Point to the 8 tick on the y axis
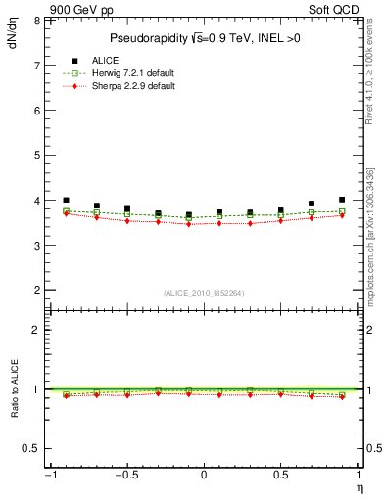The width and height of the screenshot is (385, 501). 37,20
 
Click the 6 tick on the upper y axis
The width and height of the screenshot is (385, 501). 37,111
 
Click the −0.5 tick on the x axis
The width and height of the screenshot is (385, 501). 126,477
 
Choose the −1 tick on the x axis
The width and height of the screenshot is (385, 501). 49,477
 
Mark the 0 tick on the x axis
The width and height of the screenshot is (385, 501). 204,477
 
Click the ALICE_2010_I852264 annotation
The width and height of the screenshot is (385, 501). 204,292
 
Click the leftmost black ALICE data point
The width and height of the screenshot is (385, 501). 66,200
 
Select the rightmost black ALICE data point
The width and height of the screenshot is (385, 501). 342,200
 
